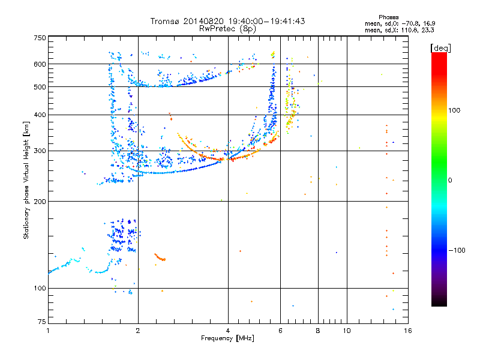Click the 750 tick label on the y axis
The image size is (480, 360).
tap(40, 38)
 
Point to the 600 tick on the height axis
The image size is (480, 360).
tap(40, 64)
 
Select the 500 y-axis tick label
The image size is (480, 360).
tap(40, 87)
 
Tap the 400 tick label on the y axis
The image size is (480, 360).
tap(40, 115)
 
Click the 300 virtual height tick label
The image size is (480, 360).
tap(40, 151)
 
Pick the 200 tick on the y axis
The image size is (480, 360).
tap(40, 202)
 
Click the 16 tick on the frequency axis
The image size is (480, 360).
tap(407, 331)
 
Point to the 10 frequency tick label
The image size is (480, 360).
tap(347, 331)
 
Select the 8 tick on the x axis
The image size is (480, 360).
tap(318, 331)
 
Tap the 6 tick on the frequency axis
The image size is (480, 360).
tap(281, 331)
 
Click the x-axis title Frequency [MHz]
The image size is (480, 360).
tap(227, 339)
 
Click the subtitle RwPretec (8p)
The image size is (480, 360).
tap(227, 28)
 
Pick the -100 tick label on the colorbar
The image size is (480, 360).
tap(458, 250)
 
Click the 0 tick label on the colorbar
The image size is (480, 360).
tap(450, 180)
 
